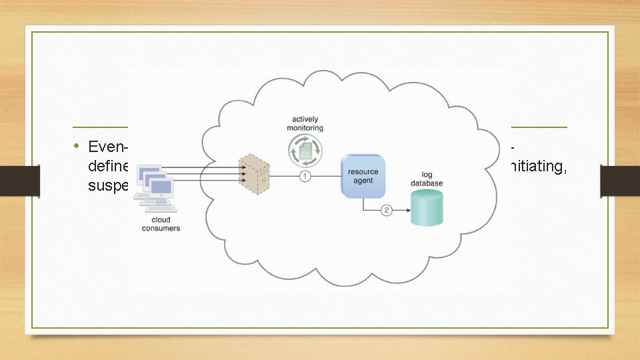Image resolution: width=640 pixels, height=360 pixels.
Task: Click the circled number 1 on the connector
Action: click(305, 176)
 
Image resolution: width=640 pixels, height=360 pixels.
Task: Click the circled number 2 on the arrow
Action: click(386, 211)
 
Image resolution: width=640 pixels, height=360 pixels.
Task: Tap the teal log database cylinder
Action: click(427, 207)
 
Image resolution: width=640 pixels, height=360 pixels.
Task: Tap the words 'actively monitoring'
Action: click(305, 123)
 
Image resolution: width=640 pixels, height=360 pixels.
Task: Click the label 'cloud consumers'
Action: click(161, 224)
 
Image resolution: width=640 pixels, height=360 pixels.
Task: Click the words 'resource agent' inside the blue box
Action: click(363, 176)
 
